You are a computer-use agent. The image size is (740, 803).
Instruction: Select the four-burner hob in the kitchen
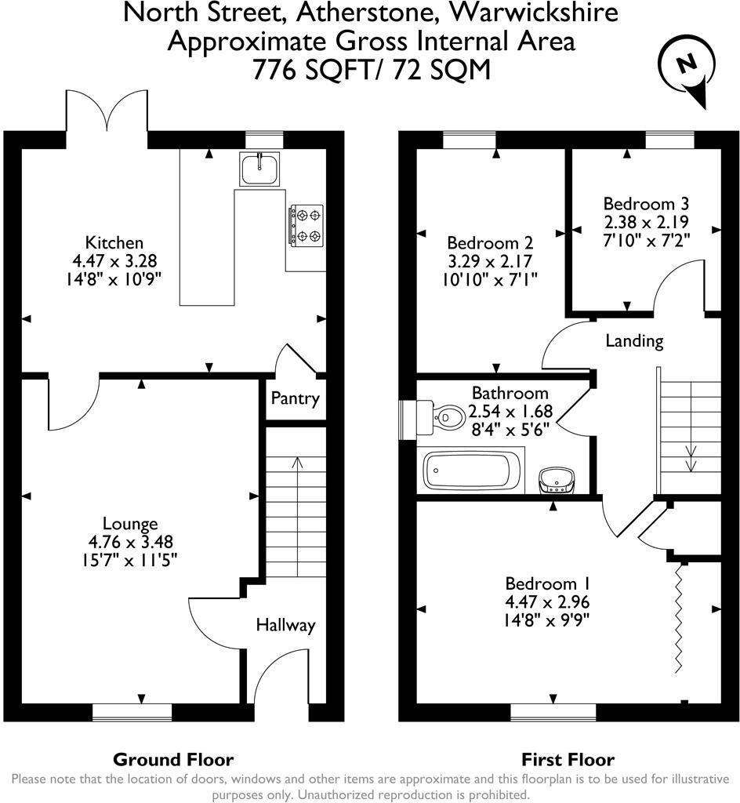307,224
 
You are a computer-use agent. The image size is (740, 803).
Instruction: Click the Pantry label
295,398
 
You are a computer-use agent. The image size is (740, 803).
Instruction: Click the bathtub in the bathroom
467,471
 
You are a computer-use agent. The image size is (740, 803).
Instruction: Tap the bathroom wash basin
558,479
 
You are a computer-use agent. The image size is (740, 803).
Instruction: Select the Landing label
634,341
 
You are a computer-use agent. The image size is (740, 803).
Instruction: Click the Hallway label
285,625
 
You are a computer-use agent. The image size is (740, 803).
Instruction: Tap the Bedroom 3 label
635,202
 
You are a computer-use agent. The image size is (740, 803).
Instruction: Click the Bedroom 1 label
547,584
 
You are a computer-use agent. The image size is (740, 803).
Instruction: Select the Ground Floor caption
173,759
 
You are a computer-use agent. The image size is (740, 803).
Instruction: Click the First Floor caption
568,759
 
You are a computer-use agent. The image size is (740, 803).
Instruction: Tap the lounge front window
132,711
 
